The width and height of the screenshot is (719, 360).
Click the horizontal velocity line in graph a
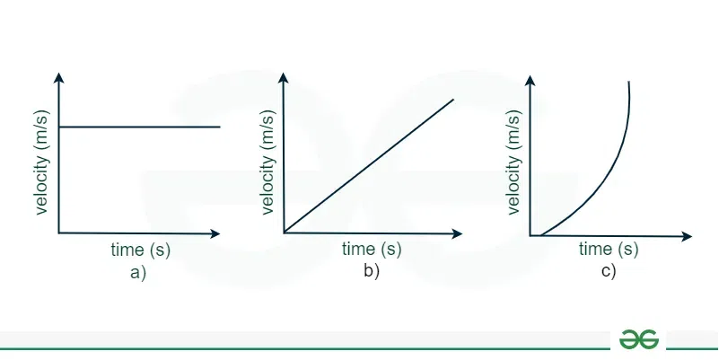(139, 127)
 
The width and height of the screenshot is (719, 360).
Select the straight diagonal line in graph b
(369, 165)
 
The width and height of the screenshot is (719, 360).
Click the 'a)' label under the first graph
(138, 273)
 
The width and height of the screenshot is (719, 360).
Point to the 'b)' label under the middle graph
(372, 271)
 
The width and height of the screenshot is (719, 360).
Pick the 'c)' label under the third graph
(609, 271)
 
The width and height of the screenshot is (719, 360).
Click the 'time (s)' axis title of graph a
(140, 250)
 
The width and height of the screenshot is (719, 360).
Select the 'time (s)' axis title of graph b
(372, 249)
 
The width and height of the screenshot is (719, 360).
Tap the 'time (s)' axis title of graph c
(609, 249)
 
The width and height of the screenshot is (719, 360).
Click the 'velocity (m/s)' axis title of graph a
(41, 162)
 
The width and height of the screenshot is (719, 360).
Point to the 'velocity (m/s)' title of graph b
(267, 162)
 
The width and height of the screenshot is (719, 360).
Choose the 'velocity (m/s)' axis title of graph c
(514, 162)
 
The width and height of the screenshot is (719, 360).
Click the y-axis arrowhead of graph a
(58, 77)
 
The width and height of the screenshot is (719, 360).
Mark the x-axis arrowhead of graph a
(215, 233)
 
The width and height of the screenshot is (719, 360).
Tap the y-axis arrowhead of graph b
(284, 77)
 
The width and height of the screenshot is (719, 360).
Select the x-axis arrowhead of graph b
(457, 234)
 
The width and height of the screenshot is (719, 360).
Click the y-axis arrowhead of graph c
(530, 80)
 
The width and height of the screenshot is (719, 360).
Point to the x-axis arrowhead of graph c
(687, 237)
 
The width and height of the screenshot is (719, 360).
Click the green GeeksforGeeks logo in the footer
(638, 340)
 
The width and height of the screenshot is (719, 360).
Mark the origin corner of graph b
(284, 233)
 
